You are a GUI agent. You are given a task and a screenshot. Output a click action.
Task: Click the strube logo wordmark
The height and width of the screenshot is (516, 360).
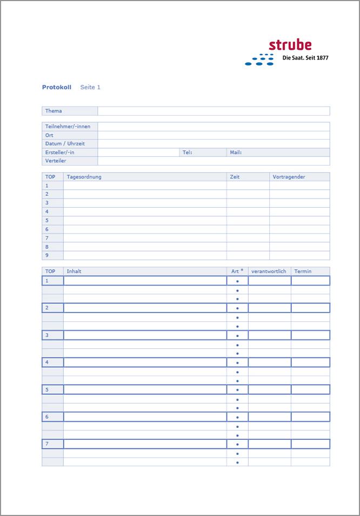click(x=290, y=45)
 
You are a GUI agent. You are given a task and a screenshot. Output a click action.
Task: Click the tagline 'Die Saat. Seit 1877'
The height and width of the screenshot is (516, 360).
click(x=305, y=58)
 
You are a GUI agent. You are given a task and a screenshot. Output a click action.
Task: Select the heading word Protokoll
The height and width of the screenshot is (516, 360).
click(x=57, y=87)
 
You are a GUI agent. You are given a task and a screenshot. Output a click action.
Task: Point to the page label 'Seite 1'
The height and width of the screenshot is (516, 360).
click(x=90, y=87)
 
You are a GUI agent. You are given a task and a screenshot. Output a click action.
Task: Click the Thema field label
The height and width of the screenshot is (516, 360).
click(x=54, y=111)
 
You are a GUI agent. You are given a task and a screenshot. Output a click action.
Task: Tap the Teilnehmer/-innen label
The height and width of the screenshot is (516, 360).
click(x=68, y=127)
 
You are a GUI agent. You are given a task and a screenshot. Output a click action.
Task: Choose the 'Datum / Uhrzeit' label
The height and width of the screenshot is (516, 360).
click(x=65, y=144)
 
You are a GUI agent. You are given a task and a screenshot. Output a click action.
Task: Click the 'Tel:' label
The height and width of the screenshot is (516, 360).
click(x=187, y=153)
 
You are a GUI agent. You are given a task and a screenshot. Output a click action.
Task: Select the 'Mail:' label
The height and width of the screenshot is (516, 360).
click(x=236, y=153)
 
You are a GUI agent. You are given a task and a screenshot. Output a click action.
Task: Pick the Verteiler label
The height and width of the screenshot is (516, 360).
click(x=56, y=161)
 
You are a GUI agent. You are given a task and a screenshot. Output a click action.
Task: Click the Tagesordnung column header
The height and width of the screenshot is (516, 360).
click(x=84, y=177)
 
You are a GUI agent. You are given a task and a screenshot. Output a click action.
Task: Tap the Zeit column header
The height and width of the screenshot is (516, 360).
click(x=235, y=177)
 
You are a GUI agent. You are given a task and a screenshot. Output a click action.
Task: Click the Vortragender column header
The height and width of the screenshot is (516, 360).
click(x=289, y=177)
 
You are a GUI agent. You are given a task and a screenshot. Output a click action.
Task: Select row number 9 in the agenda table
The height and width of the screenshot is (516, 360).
click(x=47, y=255)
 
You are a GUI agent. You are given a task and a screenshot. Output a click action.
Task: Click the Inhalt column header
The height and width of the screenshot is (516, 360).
click(x=74, y=272)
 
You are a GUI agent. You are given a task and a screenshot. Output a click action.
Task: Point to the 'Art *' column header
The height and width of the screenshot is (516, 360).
click(x=237, y=271)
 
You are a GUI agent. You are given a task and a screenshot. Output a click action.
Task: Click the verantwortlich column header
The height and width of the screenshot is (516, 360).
click(x=269, y=272)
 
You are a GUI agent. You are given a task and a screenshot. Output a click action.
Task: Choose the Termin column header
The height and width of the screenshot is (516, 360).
click(x=303, y=272)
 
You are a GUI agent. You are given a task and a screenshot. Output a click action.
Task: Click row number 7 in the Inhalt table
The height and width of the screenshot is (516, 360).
click(x=47, y=444)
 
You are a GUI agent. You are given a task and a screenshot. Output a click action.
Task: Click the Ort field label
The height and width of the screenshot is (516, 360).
click(x=49, y=135)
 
